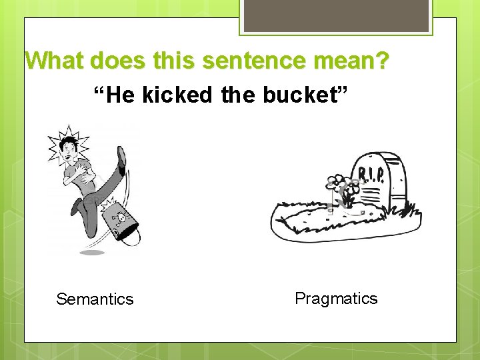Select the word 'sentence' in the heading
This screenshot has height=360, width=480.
point(251,61)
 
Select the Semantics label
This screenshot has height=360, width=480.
point(95,299)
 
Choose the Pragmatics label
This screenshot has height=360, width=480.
point(336,298)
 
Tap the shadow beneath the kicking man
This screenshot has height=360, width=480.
point(92,253)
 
